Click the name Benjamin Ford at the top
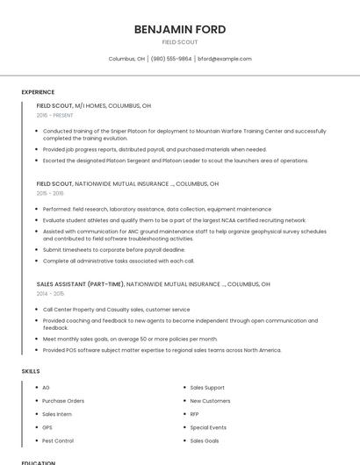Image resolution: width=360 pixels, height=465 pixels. (180, 29)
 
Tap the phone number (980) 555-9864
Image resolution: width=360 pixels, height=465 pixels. (170, 59)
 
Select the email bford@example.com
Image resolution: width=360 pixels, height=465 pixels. (225, 59)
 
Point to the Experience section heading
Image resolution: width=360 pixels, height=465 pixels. (38, 92)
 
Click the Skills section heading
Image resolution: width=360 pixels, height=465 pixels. (31, 371)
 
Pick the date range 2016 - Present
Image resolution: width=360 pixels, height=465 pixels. (54, 115)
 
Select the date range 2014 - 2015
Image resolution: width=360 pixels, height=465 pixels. (50, 294)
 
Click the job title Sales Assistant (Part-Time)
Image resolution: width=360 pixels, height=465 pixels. (80, 284)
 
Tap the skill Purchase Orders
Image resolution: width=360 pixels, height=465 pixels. (63, 401)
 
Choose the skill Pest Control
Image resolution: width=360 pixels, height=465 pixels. (58, 440)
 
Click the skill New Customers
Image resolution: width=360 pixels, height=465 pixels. (210, 401)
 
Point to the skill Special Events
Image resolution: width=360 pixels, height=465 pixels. (208, 427)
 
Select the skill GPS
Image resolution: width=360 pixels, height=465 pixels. (47, 427)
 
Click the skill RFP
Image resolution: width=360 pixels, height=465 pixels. (195, 414)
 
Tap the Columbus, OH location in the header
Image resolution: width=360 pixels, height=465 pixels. (126, 59)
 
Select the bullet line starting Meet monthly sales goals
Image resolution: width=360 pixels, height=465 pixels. (130, 339)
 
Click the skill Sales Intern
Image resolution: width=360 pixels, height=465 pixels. (57, 414)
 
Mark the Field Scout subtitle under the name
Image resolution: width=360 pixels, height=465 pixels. (180, 42)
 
